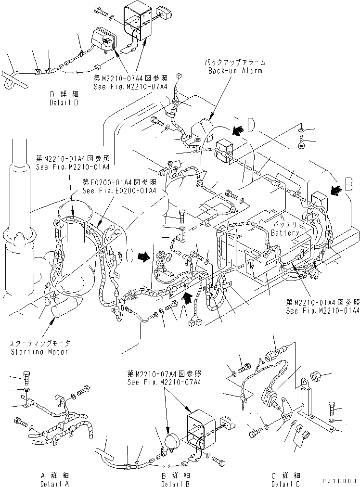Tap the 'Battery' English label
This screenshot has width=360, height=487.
[x=285, y=232]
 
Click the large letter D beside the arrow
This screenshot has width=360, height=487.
[x=250, y=125]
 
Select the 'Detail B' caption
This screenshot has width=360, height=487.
[x=175, y=483]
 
